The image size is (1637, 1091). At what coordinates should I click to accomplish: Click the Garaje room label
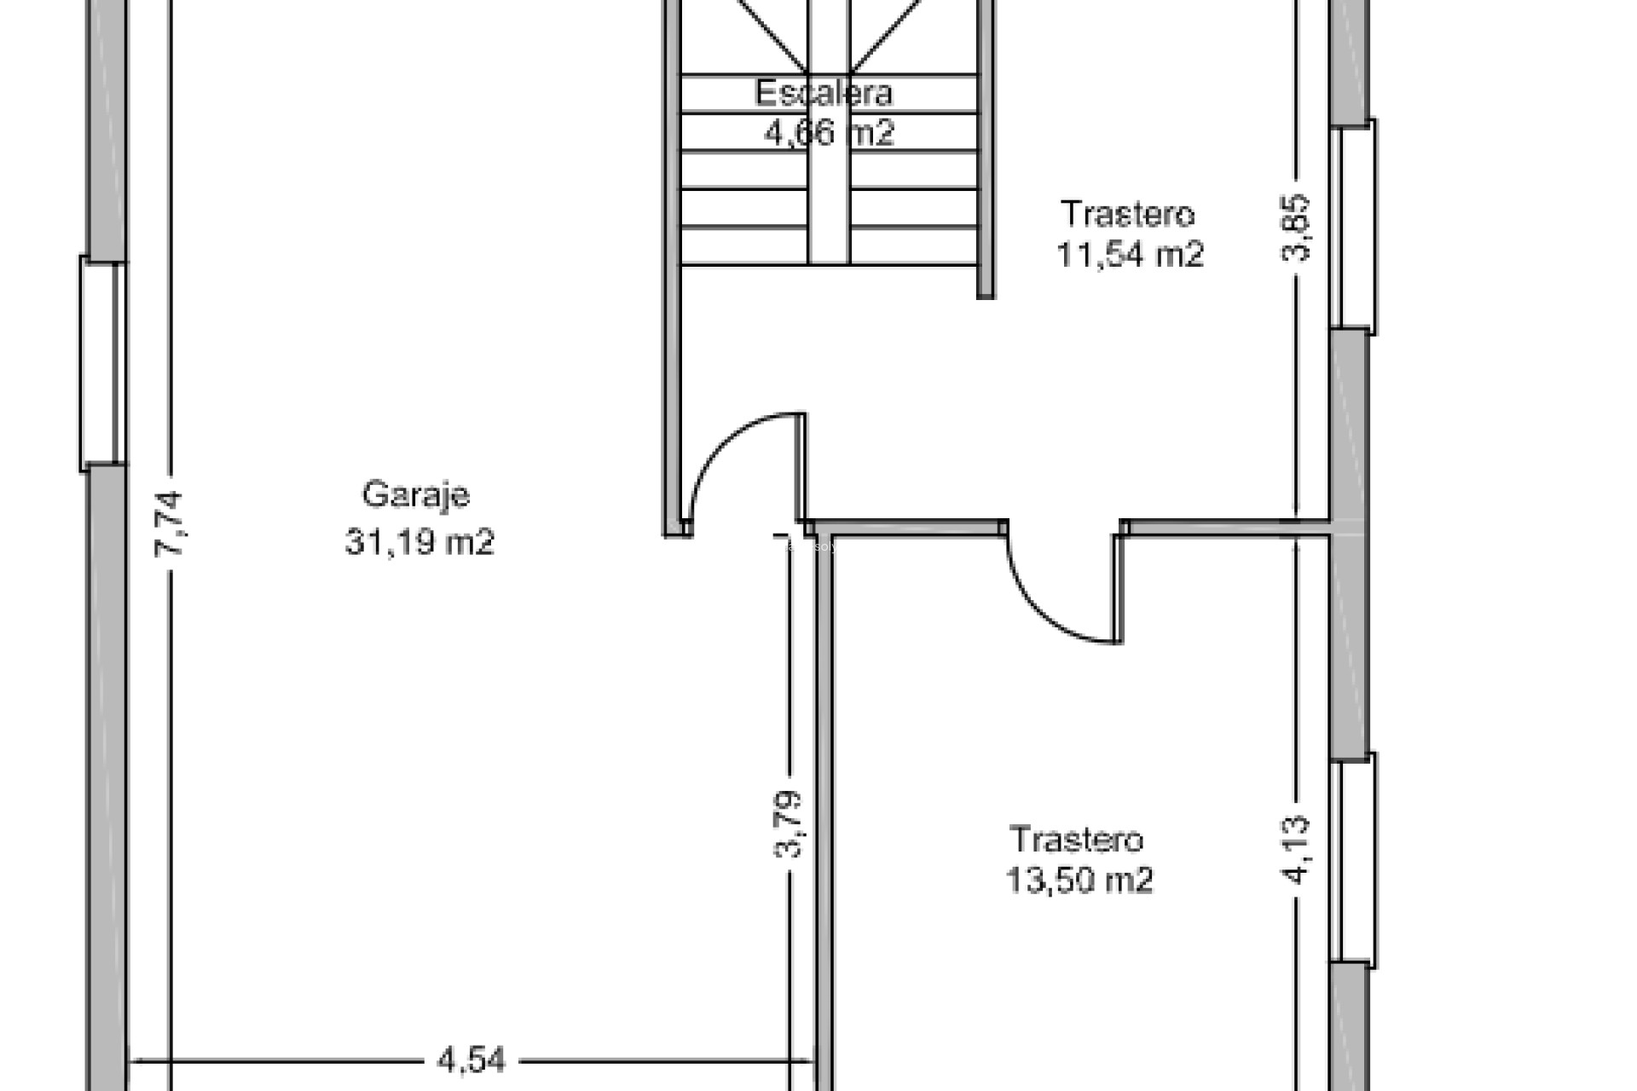pos(415,495)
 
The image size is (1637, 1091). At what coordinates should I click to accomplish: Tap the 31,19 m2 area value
pos(419,541)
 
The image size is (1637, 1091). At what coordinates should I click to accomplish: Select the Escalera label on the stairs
pos(823,93)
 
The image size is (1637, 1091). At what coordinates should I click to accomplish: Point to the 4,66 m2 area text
pos(829,133)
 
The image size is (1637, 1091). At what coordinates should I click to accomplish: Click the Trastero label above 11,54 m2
pos(1127,214)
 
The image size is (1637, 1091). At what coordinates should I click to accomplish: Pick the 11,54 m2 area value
pos(1130,255)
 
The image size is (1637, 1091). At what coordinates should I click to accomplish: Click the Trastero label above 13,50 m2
pos(1076,840)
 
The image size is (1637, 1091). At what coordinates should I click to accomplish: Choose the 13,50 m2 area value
pos(1079,880)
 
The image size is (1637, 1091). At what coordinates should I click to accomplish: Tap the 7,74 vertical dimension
pos(169,524)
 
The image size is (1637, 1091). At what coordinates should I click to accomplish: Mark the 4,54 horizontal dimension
pos(471,1061)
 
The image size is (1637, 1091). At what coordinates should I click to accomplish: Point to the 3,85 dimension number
pos(1297,228)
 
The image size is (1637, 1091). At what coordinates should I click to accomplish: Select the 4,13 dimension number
pos(1296,850)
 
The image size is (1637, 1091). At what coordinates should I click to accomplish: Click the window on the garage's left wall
pos(103,363)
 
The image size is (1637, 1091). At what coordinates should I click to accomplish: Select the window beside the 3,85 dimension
pos(1353,227)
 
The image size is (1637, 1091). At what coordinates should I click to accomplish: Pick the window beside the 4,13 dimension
pos(1353,861)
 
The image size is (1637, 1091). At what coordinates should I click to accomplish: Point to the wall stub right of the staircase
pos(986,153)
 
